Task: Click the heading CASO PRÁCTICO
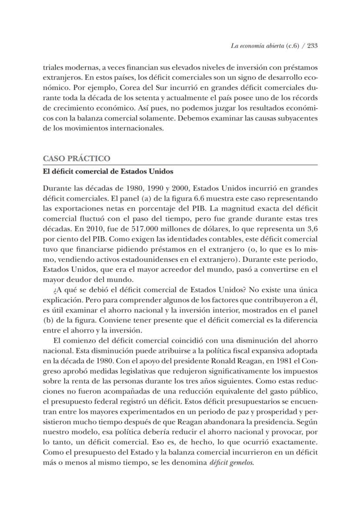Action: pyautogui.click(x=76, y=158)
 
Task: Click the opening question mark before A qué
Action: pyautogui.click(x=53, y=290)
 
